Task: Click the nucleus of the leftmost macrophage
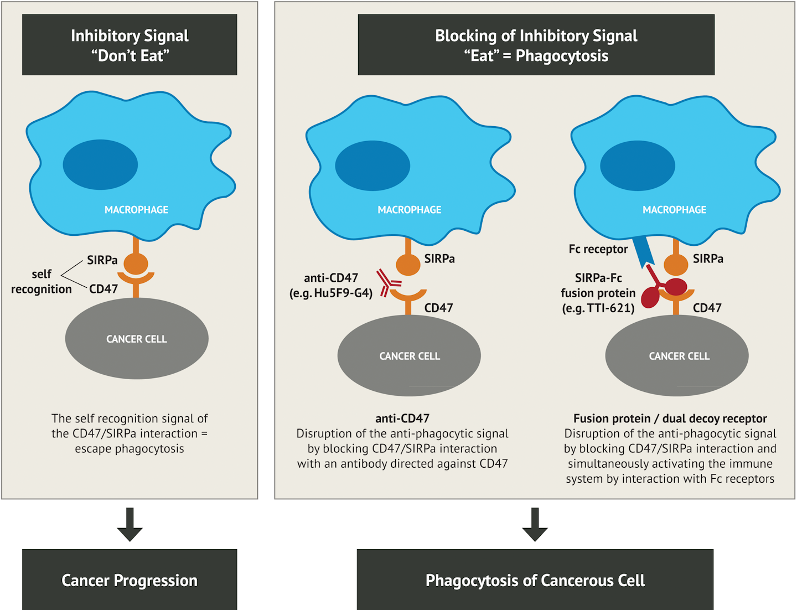click(x=100, y=164)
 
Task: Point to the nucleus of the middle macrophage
click(x=372, y=166)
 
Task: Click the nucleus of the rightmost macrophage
click(x=637, y=166)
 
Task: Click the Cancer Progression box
click(x=130, y=580)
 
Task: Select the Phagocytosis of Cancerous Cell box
click(x=535, y=580)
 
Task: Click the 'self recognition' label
click(x=42, y=281)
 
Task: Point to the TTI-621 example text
click(x=598, y=308)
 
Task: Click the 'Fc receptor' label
click(x=598, y=249)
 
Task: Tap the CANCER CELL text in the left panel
click(x=136, y=339)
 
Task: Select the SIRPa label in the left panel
click(x=102, y=260)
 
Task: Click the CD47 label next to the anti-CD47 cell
click(x=438, y=308)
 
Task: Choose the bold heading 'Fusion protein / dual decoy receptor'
click(x=670, y=418)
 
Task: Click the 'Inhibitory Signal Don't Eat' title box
click(x=130, y=45)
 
